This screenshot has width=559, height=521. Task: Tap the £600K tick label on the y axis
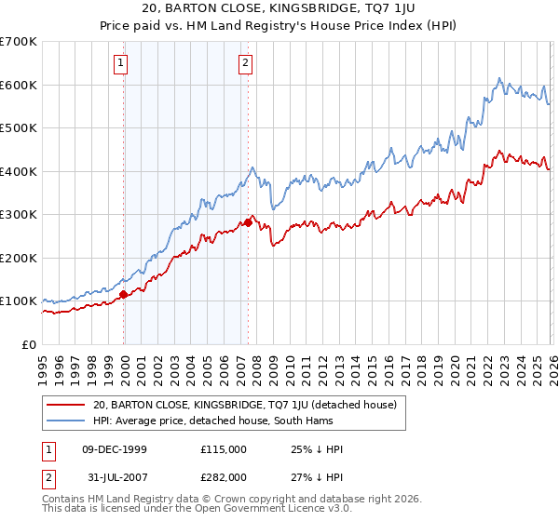pos(19,85)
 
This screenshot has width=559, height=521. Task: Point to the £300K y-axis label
pos(19,215)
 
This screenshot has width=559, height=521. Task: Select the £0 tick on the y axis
pos(30,345)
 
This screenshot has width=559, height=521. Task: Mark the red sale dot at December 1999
pos(123,295)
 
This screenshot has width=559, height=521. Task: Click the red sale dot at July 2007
pos(249,222)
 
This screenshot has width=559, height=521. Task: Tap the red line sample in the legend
pos(65,405)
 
